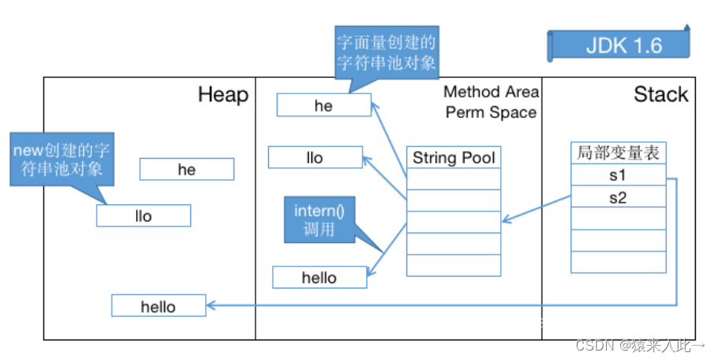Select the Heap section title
pos(223,95)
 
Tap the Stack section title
pos(660,95)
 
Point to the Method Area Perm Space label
pos(491,103)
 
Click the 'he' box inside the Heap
pos(186,170)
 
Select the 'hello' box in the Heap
pos(158,307)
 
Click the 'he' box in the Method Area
pos(323,106)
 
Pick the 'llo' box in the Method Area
pos(314,158)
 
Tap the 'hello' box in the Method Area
pos(319,277)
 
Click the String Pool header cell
pos(454,157)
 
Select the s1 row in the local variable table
pos(618,175)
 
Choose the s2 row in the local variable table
pos(618,197)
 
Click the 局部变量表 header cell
pos(618,153)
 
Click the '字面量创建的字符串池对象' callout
pos(386,52)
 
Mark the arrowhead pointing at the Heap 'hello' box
pos(211,305)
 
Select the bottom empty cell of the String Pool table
pos(454,266)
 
